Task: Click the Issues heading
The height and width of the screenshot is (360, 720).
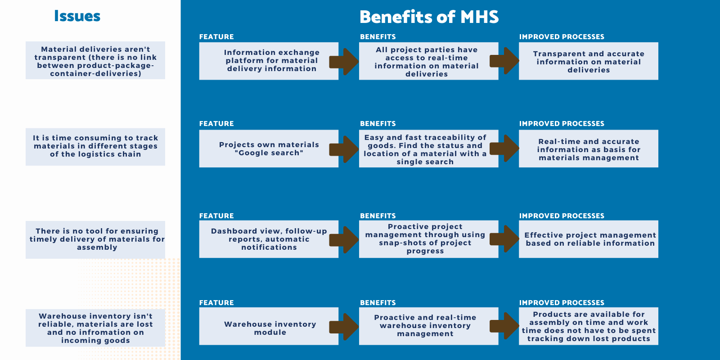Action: point(77,16)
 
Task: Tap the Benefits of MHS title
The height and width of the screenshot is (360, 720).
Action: point(429,17)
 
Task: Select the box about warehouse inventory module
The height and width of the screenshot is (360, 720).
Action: point(269,326)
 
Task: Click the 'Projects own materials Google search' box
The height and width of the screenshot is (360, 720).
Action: point(269,148)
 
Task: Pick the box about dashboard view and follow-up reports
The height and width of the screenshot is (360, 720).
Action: point(269,239)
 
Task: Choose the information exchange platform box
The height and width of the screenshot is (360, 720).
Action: point(269,61)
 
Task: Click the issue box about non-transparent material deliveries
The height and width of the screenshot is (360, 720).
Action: point(95,60)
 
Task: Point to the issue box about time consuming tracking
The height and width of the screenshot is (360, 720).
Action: point(95,147)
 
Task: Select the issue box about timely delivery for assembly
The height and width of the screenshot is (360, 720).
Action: point(95,240)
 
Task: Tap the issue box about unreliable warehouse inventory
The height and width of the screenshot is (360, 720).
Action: point(95,328)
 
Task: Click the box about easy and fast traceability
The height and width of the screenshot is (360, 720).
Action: point(429,148)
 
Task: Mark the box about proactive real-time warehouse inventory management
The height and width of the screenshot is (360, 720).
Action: point(429,326)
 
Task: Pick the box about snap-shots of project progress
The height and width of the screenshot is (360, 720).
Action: point(429,239)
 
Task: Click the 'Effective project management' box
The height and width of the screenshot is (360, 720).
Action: point(589,239)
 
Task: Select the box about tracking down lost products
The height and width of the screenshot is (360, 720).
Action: point(589,326)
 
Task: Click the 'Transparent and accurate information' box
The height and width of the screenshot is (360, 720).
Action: point(589,61)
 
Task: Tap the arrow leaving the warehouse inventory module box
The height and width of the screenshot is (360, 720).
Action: point(344,327)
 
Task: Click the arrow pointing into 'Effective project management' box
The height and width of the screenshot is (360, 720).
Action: point(504,239)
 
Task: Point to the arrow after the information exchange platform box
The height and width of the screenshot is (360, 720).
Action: point(344,62)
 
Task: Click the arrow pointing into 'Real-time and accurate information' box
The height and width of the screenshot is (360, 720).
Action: point(504,148)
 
